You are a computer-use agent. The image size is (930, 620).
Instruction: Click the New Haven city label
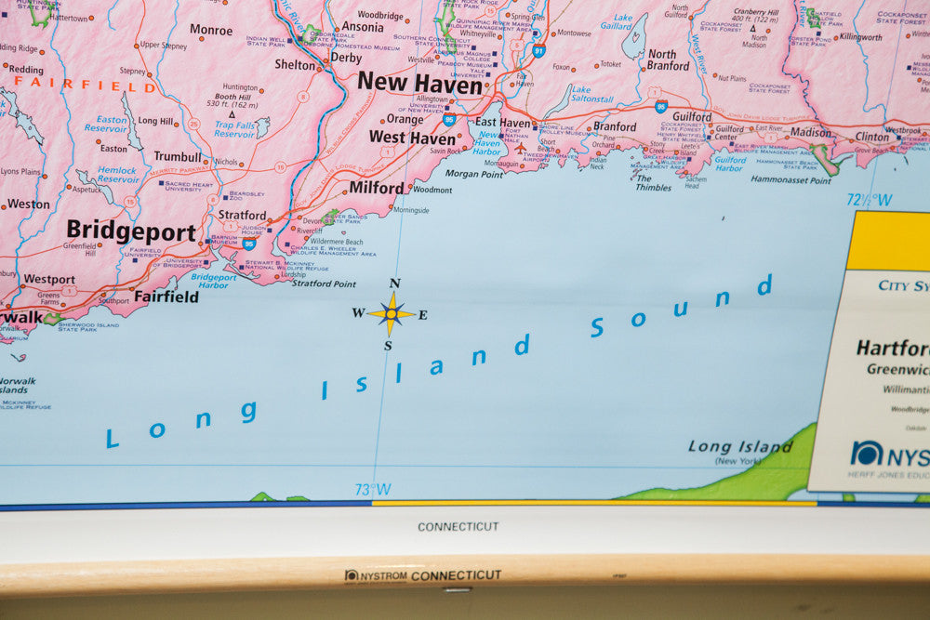click(x=419, y=82)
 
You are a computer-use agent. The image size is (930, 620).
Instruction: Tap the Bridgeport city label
click(x=131, y=231)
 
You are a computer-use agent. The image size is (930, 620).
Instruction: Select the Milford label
click(x=377, y=188)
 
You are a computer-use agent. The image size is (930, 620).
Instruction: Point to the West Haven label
click(x=412, y=138)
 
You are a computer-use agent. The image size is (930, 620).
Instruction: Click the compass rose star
click(x=391, y=314)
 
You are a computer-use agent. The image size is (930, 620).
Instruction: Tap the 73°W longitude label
click(x=372, y=490)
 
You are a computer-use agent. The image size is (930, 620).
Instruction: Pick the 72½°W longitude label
click(x=869, y=200)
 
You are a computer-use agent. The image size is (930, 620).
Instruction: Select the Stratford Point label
click(x=324, y=284)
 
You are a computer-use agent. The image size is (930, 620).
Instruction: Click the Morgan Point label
click(x=473, y=174)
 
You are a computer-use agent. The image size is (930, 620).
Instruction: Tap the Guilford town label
click(x=692, y=117)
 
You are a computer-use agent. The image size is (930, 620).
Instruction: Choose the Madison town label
click(x=810, y=133)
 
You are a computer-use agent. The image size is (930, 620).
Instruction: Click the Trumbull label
click(x=178, y=156)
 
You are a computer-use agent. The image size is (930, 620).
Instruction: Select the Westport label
click(x=49, y=279)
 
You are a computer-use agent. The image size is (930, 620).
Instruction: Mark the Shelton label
click(x=295, y=65)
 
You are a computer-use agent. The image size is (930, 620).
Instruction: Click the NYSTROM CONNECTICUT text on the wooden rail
click(x=423, y=576)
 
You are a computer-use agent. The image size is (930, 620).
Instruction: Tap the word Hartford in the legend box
click(x=891, y=349)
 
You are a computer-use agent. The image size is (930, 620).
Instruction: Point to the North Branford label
click(x=668, y=60)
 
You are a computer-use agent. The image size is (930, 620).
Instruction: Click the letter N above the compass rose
click(x=394, y=284)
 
